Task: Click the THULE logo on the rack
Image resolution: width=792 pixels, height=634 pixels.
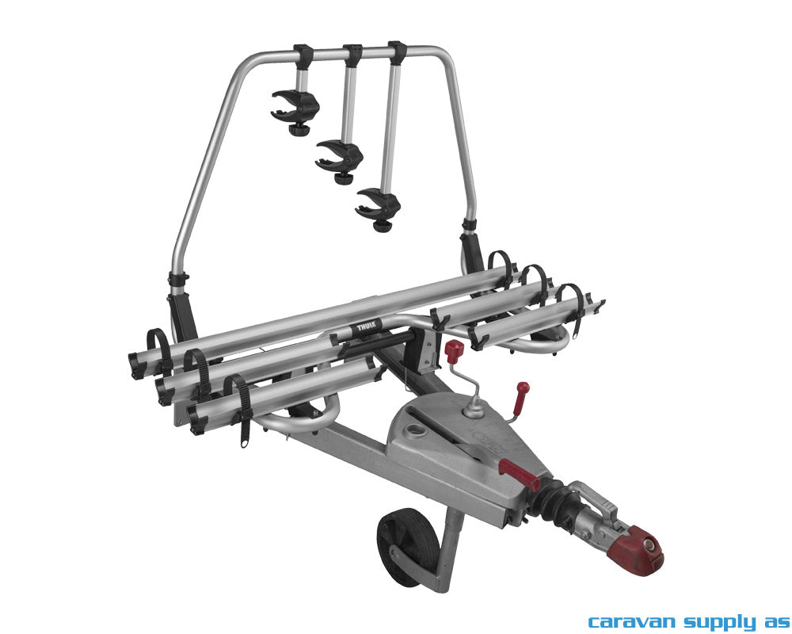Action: click(365, 327)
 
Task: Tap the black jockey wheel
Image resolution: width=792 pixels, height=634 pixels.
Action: click(402, 548)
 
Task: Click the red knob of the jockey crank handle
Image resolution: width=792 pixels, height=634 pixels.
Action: click(454, 349)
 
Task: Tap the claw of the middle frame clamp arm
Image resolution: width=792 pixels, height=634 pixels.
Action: click(339, 156)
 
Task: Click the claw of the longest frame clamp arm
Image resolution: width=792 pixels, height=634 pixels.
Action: click(378, 203)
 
